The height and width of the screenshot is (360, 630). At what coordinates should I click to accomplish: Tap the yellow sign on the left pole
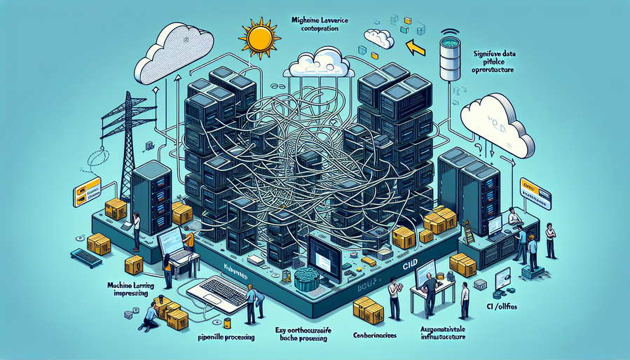pyautogui.click(x=88, y=189)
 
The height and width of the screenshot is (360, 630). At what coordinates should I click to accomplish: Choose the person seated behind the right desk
pyautogui.click(x=515, y=216)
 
